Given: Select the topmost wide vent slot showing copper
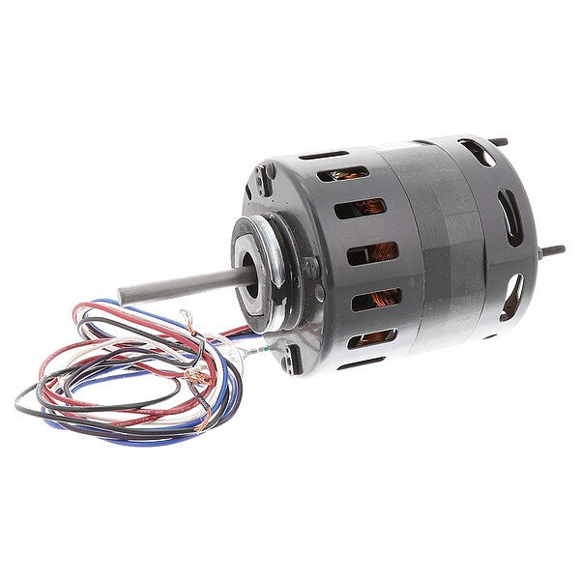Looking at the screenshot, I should (348, 174).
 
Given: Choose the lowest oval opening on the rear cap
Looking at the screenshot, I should (512, 290).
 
